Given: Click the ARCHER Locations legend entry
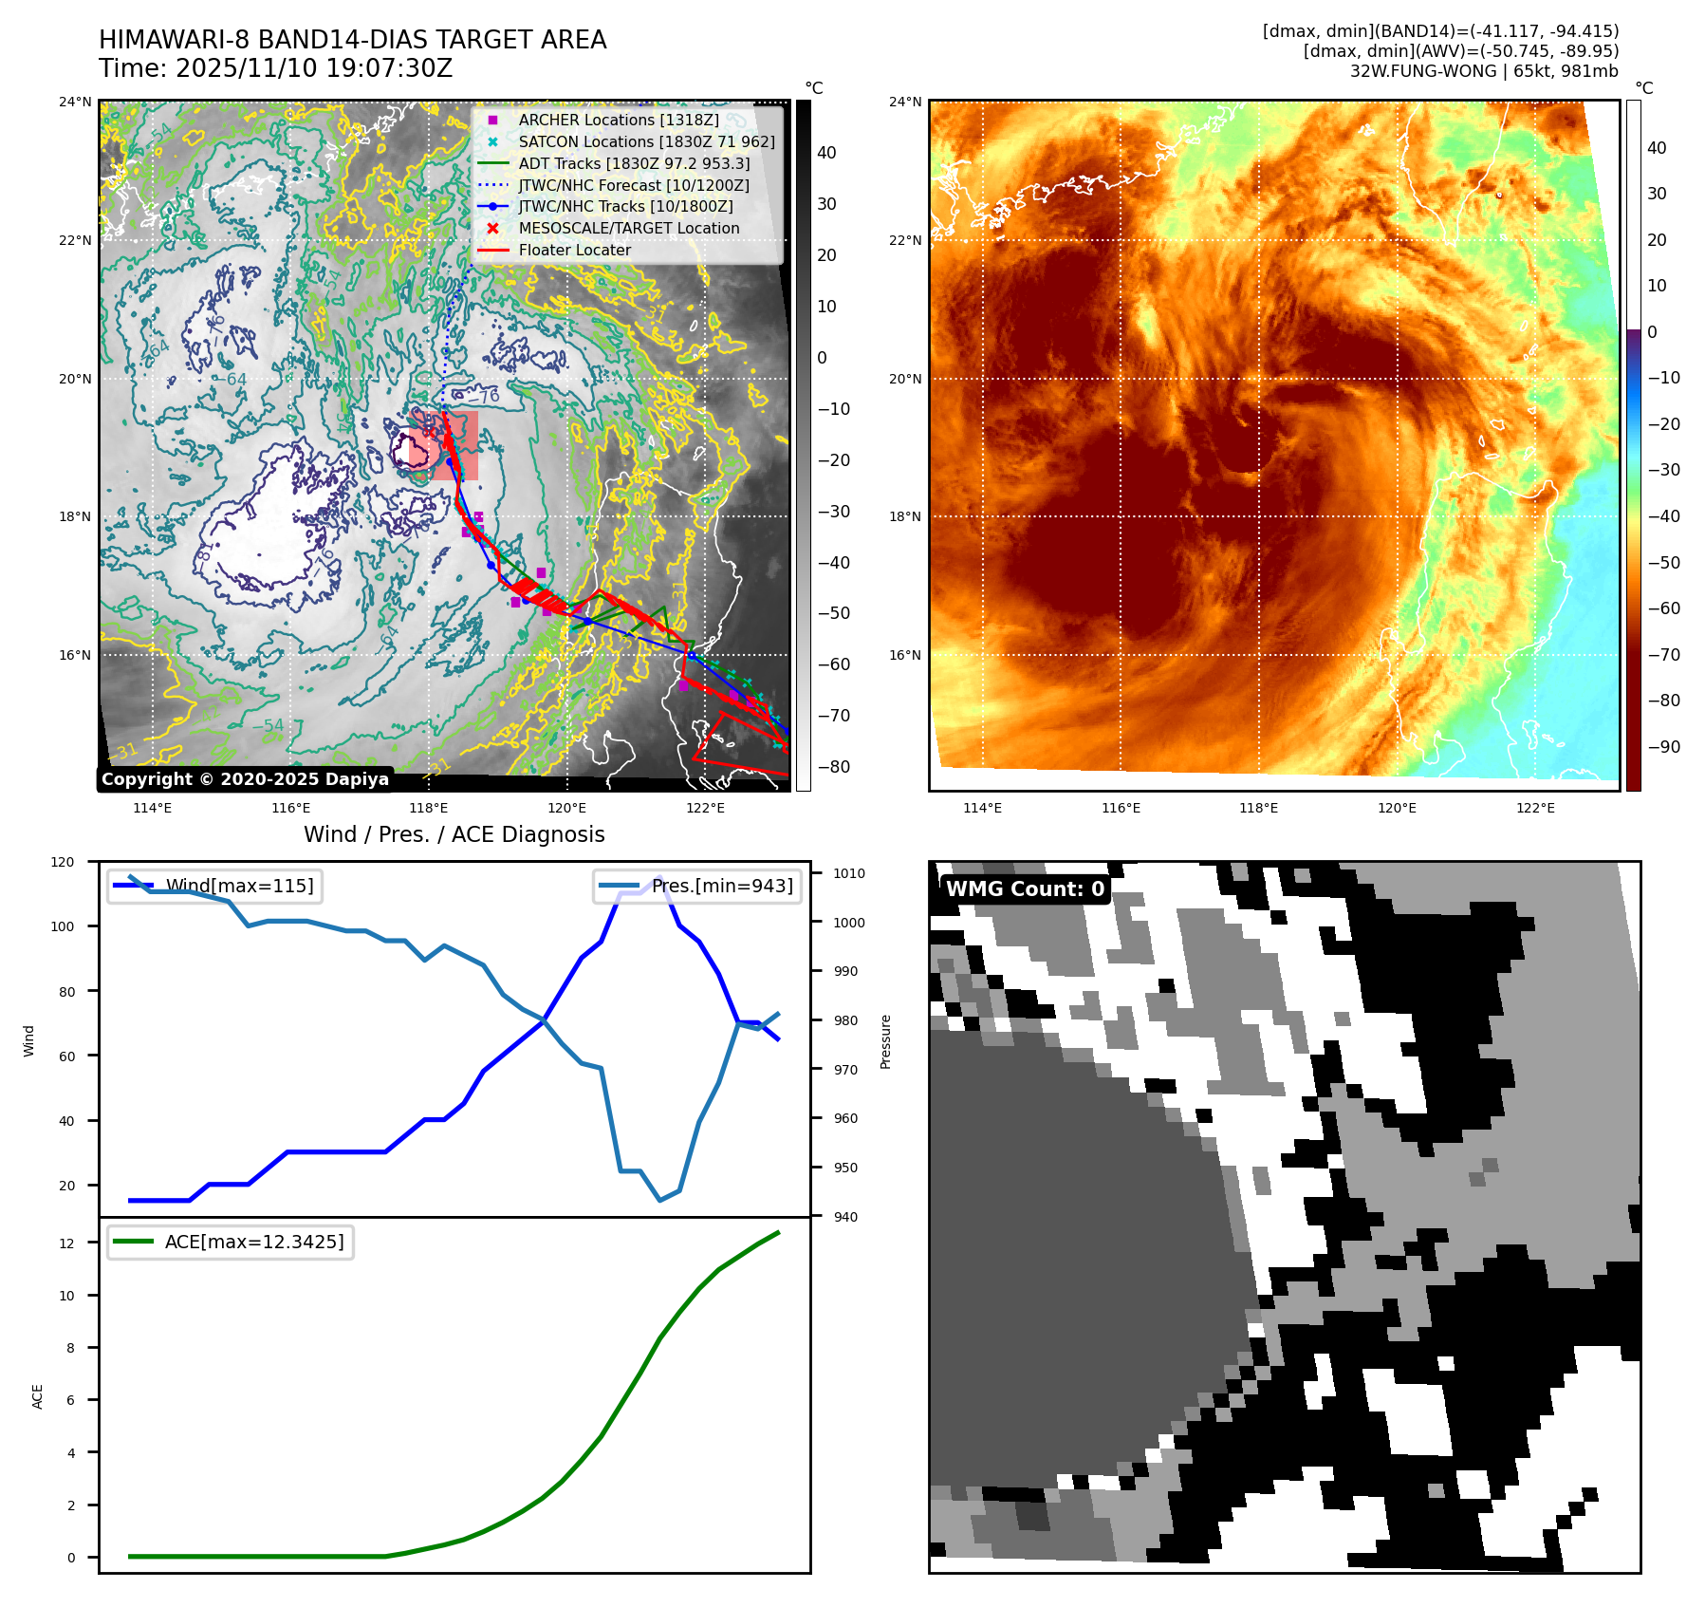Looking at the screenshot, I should coord(618,120).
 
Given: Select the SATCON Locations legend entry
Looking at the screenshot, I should coord(646,141).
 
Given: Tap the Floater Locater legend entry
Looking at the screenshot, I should coord(574,250).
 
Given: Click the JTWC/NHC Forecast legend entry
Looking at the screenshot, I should coord(633,185).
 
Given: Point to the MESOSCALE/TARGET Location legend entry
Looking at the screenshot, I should coord(628,228).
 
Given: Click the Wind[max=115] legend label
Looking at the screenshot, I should coord(239,886).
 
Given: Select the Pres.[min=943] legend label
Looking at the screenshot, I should coord(722,886).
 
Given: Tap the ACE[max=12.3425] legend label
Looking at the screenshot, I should coord(253,1242).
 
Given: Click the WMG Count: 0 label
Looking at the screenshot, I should coord(1025,888).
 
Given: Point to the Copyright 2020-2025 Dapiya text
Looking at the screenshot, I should coord(245,779).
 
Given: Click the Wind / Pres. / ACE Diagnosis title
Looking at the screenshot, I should coord(454,834).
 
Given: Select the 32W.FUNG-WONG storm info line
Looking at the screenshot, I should coord(1484,71).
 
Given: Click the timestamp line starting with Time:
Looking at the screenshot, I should coord(275,68).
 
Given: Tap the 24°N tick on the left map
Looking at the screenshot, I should coord(76,102).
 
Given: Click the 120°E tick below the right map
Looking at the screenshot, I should coord(1397,808).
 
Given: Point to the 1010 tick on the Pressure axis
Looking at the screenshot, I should coord(849,873).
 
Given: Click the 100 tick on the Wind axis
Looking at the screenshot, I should coord(63,926).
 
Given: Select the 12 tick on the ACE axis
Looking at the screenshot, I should coord(66,1243).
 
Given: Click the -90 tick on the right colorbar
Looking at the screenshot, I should coord(1663,747).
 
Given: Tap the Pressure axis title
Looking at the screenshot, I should coord(885,1041).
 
